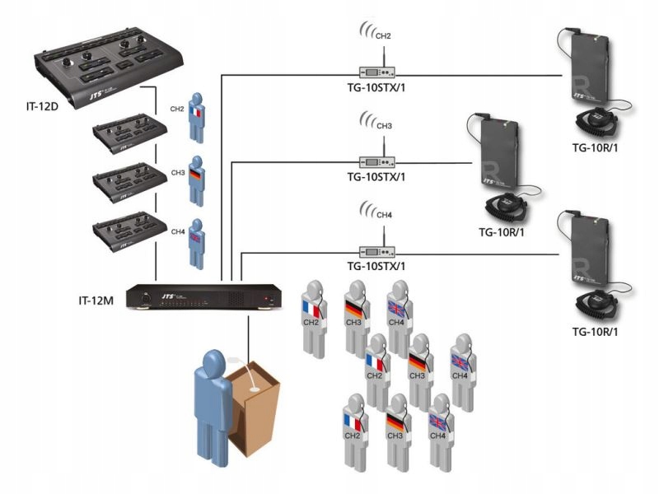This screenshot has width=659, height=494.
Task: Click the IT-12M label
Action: click(x=86, y=291)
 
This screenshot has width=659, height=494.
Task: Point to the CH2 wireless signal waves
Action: click(x=366, y=33)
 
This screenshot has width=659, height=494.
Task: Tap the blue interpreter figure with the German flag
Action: click(x=195, y=180)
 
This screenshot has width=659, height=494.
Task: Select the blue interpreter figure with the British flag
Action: click(x=195, y=242)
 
